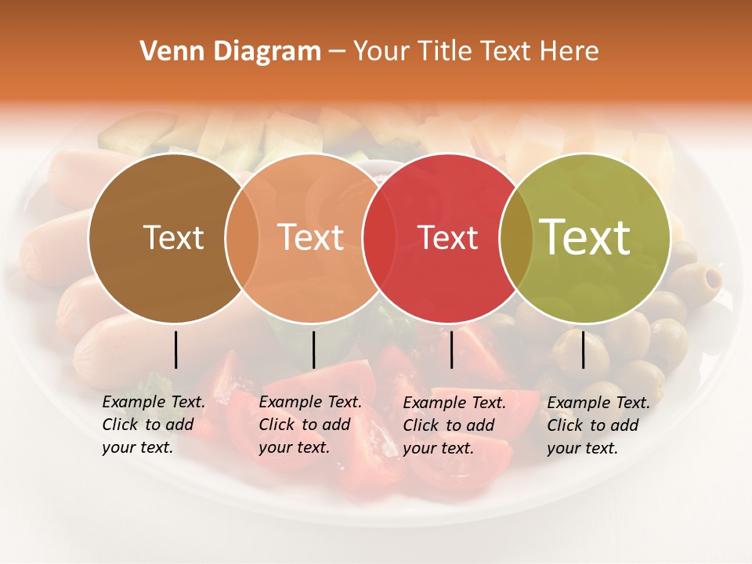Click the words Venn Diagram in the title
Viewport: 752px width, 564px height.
pyautogui.click(x=230, y=52)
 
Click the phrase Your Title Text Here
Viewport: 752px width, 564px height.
pyautogui.click(x=475, y=52)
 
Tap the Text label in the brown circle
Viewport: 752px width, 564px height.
pyautogui.click(x=173, y=238)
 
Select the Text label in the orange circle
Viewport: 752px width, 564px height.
pyautogui.click(x=311, y=237)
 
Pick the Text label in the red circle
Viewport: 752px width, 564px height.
pyautogui.click(x=448, y=238)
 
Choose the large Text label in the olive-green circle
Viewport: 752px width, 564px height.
pyautogui.click(x=585, y=237)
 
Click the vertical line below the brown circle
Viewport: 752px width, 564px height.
pyautogui.click(x=175, y=349)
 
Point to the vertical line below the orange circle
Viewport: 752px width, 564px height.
pyautogui.click(x=313, y=349)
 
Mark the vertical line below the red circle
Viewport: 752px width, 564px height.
pyautogui.click(x=451, y=349)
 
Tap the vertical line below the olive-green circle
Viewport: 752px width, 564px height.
pyautogui.click(x=583, y=349)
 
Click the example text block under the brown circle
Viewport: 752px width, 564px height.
pyautogui.click(x=154, y=425)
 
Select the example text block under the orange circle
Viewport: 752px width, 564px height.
pyautogui.click(x=310, y=425)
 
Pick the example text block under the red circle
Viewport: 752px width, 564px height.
pyautogui.click(x=454, y=425)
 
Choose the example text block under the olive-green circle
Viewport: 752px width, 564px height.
pyautogui.click(x=598, y=425)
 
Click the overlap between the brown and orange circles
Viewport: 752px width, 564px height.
pyautogui.click(x=242, y=238)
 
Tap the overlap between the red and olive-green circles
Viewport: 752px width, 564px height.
pyautogui.click(x=516, y=238)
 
